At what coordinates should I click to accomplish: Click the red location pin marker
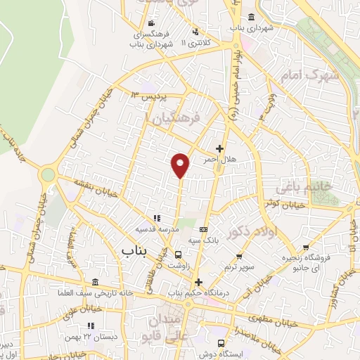(181, 165)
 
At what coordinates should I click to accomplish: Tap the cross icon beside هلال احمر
(220, 149)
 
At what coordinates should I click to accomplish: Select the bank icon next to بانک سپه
(204, 229)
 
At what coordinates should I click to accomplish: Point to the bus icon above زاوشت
(179, 255)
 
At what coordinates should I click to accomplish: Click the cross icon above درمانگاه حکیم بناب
(198, 281)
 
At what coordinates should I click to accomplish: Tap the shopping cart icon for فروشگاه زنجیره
(306, 247)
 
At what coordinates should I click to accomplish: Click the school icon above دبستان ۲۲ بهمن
(90, 326)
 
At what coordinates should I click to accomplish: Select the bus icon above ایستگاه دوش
(221, 343)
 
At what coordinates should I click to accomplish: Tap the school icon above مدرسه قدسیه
(157, 219)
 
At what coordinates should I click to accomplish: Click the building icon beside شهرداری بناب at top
(251, 17)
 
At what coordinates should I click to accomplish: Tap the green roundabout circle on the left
(48, 173)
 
